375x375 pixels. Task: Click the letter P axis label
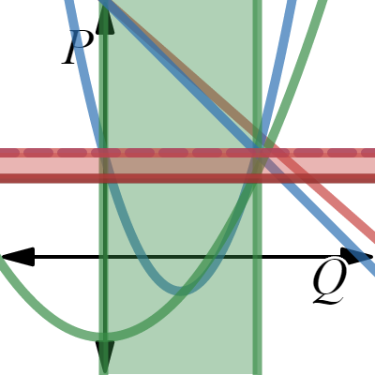click(77, 49)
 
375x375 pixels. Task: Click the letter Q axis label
click(329, 280)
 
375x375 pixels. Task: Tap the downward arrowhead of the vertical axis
click(105, 356)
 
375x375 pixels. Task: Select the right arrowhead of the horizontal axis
click(358, 256)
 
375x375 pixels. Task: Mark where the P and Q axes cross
click(105, 257)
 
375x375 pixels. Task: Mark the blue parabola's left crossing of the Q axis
click(133, 257)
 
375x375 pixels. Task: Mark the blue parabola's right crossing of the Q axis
click(234, 257)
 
